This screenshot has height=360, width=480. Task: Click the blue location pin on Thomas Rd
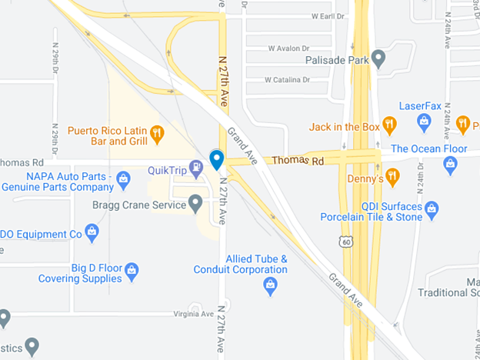pyautogui.click(x=217, y=159)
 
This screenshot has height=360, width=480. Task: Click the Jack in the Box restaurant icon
pyautogui.click(x=389, y=123)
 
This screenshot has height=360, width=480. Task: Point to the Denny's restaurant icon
pyautogui.click(x=393, y=176)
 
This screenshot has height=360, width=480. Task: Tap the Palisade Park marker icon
pyautogui.click(x=378, y=58)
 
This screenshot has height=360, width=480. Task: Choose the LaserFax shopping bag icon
pyautogui.click(x=423, y=120)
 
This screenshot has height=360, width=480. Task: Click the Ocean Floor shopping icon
pyautogui.click(x=451, y=162)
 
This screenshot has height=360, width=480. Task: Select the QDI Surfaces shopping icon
pyautogui.click(x=432, y=208)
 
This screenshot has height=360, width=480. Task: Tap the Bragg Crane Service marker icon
pyautogui.click(x=195, y=204)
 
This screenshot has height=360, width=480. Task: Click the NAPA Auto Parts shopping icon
pyautogui.click(x=123, y=179)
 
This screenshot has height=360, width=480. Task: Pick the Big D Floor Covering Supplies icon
pyautogui.click(x=132, y=270)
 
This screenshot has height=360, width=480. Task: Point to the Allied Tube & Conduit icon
pyautogui.click(x=270, y=286)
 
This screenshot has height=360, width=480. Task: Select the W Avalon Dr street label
pyautogui.click(x=288, y=48)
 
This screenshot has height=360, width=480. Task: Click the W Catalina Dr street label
pyautogui.click(x=287, y=79)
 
